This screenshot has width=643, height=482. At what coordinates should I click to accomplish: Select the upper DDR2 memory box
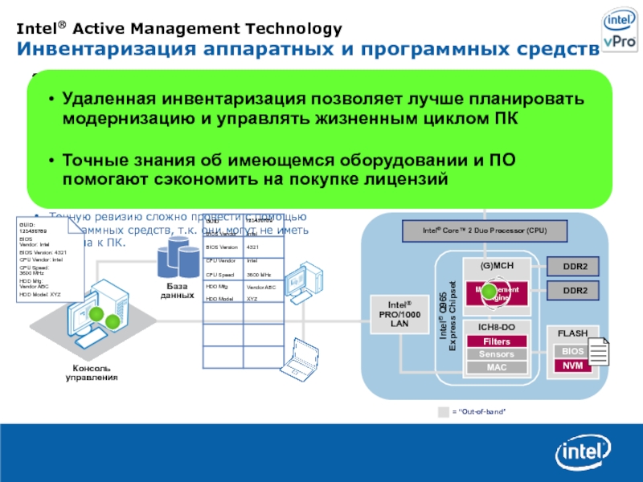574,267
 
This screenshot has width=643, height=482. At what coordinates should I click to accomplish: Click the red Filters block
496,341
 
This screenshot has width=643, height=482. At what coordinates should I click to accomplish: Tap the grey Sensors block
496,354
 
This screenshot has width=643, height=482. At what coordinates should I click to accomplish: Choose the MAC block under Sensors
496,367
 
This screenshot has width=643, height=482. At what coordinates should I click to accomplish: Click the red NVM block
571,366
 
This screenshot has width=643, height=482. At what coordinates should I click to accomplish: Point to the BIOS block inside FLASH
571,351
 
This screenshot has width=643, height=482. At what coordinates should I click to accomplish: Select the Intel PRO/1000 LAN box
399,312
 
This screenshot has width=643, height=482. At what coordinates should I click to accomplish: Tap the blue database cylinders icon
177,258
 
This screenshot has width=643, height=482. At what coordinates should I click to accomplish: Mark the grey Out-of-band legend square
444,412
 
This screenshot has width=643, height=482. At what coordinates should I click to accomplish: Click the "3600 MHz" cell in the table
260,274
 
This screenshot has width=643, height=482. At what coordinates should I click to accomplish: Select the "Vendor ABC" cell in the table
261,287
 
